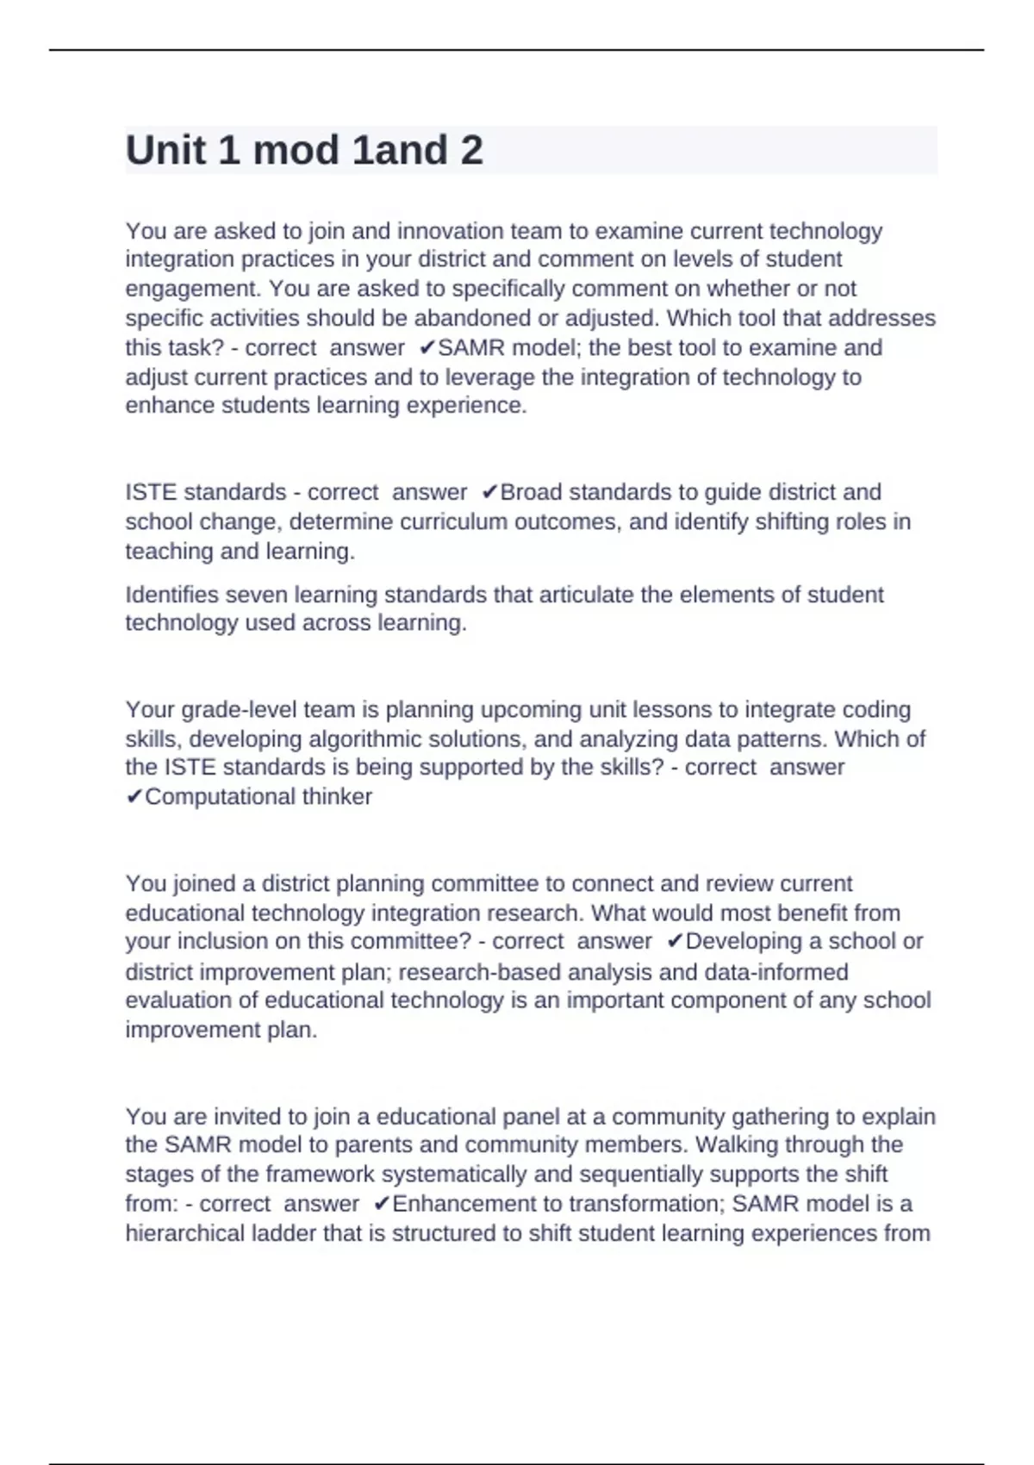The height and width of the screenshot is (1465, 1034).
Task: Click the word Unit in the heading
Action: tap(165, 151)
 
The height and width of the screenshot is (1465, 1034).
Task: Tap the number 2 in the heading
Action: tap(471, 151)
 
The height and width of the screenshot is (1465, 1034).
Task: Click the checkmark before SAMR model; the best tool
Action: tap(427, 348)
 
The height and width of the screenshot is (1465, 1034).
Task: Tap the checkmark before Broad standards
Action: tap(489, 492)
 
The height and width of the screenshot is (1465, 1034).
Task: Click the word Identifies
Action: tap(176, 595)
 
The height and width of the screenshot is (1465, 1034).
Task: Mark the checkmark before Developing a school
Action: tap(675, 941)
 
